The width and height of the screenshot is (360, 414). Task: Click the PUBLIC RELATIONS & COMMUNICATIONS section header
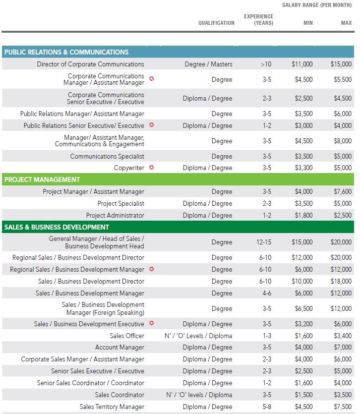[x=66, y=52]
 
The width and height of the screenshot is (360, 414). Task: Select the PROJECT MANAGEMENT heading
[x=42, y=179]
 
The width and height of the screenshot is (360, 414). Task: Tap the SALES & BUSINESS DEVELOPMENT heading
[x=57, y=227]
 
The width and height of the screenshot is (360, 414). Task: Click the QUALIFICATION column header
[x=216, y=23]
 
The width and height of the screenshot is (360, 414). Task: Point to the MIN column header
[x=308, y=23]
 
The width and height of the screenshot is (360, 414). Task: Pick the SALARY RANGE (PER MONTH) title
[x=317, y=5]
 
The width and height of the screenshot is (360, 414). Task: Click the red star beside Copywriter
[x=152, y=168]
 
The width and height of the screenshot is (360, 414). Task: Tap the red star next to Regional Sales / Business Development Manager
[x=152, y=269]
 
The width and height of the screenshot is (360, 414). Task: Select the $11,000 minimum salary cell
[x=302, y=64]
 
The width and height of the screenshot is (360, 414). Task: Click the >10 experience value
[x=266, y=64]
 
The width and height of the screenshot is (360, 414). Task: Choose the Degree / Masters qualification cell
[x=208, y=64]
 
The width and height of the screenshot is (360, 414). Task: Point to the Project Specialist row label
[x=120, y=203]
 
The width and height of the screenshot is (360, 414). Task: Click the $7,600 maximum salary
[x=343, y=191]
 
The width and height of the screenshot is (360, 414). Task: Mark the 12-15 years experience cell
[x=264, y=242]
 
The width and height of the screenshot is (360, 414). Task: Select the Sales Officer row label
[x=127, y=336]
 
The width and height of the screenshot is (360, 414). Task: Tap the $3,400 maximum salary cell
[x=343, y=336]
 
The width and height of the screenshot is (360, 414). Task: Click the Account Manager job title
[x=120, y=347]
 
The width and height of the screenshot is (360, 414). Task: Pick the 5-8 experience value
[x=267, y=407]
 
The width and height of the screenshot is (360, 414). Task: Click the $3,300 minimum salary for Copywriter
[x=304, y=168]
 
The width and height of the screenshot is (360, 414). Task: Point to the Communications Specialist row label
[x=107, y=156]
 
